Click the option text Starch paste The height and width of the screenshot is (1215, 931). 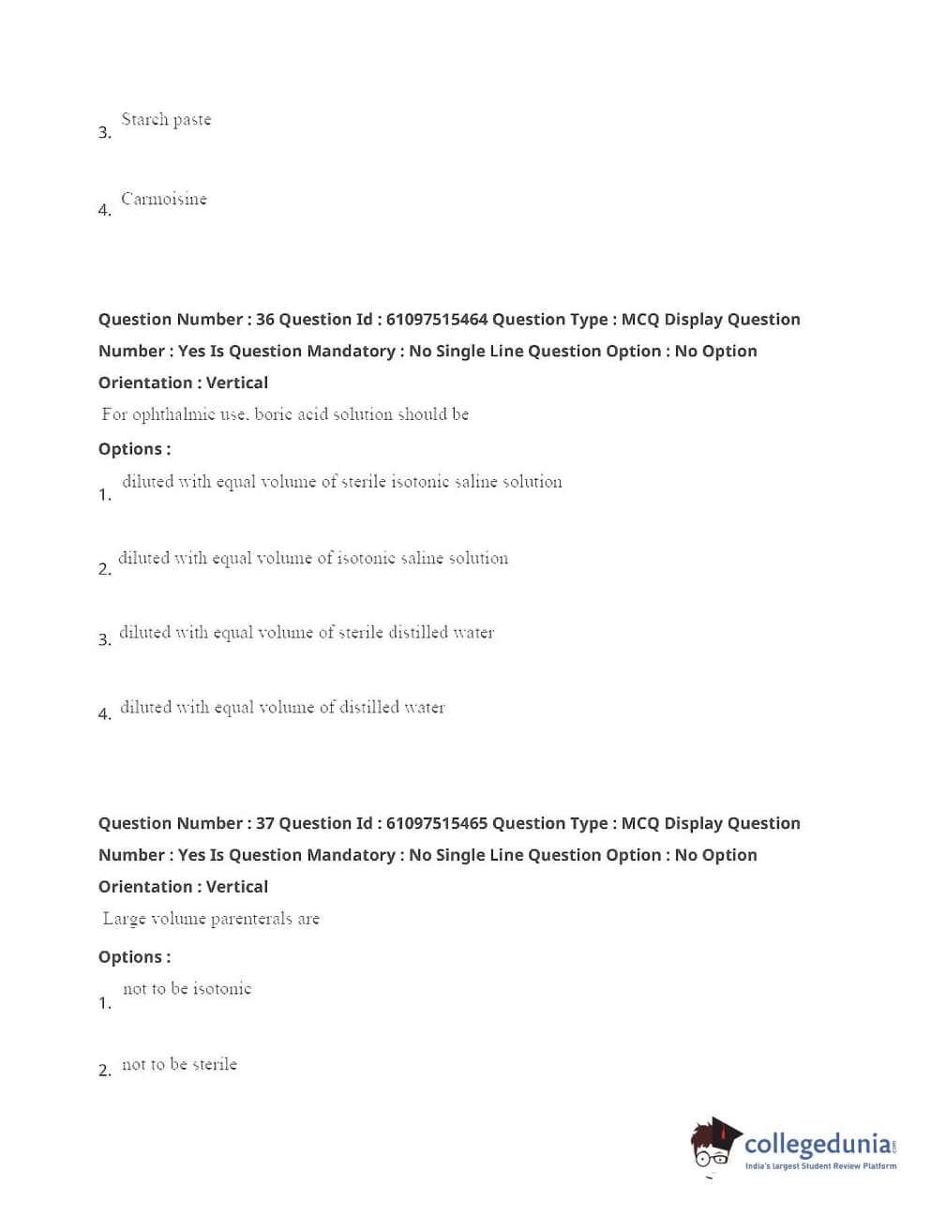pyautogui.click(x=166, y=120)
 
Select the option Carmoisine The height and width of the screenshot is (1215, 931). pyautogui.click(x=164, y=199)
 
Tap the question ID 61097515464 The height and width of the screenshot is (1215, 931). pyautogui.click(x=436, y=320)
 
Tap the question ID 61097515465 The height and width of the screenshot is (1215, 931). pyautogui.click(x=436, y=824)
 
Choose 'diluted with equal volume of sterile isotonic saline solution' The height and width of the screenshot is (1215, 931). pyautogui.click(x=341, y=482)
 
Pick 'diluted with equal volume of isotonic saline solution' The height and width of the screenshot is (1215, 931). pyautogui.click(x=313, y=559)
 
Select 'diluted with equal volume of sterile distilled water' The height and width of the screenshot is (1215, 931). pyautogui.click(x=307, y=633)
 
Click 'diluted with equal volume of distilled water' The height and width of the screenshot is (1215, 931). pyautogui.click(x=282, y=708)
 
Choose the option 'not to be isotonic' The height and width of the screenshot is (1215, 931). pyautogui.click(x=188, y=989)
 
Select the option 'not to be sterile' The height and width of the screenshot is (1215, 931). pyautogui.click(x=179, y=1065)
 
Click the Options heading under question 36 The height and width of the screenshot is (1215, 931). pyautogui.click(x=134, y=450)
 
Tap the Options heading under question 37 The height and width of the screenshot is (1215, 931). pyautogui.click(x=134, y=957)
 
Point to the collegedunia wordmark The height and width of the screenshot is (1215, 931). pyautogui.click(x=817, y=1144)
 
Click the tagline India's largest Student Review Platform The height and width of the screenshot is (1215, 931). pyautogui.click(x=820, y=1166)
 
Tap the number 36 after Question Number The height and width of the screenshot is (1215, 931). pyautogui.click(x=265, y=320)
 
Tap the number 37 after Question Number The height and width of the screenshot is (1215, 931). pyautogui.click(x=265, y=824)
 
